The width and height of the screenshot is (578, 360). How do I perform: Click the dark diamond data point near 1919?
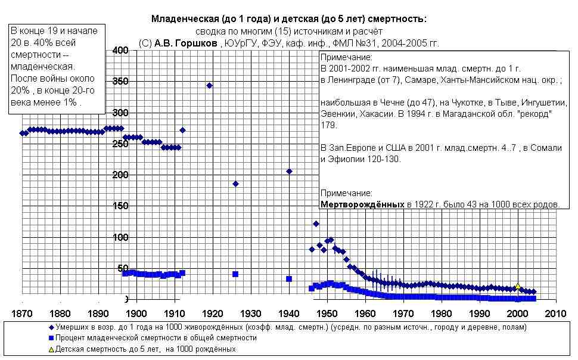pos(209,85)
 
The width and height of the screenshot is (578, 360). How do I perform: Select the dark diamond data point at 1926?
pos(235,184)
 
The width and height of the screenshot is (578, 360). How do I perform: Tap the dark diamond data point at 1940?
pos(289,171)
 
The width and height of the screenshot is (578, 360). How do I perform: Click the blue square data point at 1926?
pos(235,274)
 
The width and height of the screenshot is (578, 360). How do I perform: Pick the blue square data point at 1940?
pos(289,278)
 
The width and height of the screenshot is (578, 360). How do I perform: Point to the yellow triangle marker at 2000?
pos(518,286)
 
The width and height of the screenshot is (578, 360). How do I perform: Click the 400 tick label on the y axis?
pos(121,51)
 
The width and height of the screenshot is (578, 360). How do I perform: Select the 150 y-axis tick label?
pos(121,206)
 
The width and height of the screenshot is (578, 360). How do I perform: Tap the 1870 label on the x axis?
pos(21,314)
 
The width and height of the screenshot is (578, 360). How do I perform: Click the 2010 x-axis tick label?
pos(555,314)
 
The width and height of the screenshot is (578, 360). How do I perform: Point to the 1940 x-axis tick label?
pos(289,314)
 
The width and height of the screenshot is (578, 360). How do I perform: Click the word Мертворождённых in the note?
pos(362,204)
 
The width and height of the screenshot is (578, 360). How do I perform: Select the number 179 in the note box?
pos(328,125)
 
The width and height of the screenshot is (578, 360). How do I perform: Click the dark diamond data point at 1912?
pos(182,130)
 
